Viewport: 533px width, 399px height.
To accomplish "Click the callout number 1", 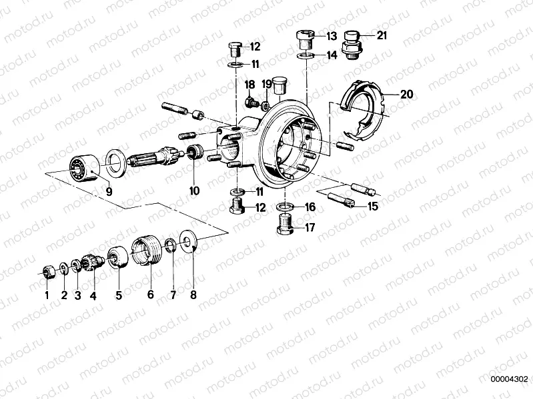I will pos(47,294).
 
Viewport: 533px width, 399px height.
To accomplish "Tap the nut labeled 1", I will pos(47,270).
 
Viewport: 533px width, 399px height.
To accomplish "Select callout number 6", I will pos(150,294).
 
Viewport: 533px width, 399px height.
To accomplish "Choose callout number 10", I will pos(194,191).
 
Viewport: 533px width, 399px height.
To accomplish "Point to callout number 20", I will pos(406,95).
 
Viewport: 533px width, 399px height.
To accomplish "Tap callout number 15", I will pos(372,206).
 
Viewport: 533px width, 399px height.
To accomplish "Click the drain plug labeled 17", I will pos(286,230).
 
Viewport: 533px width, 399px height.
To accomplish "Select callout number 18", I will pos(249,84).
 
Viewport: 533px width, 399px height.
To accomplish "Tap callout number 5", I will pos(119,294).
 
